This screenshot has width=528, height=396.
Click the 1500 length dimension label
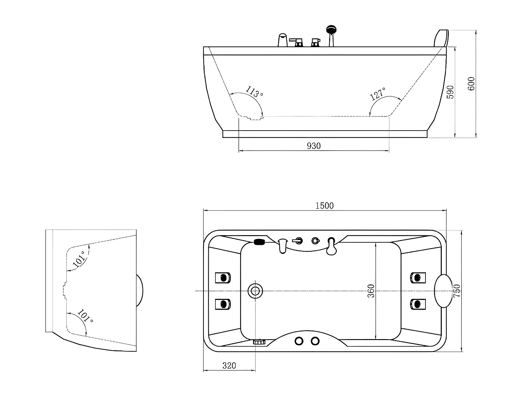pyautogui.click(x=324, y=206)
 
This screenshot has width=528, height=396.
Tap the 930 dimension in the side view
pyautogui.click(x=314, y=146)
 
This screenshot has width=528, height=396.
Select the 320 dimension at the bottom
pyautogui.click(x=229, y=366)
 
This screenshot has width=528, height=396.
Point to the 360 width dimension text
pyautogui.click(x=371, y=291)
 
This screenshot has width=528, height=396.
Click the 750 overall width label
pyautogui.click(x=457, y=291)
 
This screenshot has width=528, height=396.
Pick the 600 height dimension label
pyautogui.click(x=471, y=83)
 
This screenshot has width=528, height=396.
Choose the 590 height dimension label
pyautogui.click(x=450, y=92)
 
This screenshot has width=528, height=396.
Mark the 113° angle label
pyautogui.click(x=254, y=92)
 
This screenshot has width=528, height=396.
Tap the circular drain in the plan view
pyautogui.click(x=255, y=291)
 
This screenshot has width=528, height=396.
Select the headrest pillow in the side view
pyautogui.click(x=441, y=38)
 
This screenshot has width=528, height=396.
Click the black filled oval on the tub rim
pyautogui.click(x=260, y=242)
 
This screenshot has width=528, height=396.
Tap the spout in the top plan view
pyautogui.click(x=282, y=245)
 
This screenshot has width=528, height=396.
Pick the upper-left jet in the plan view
pyautogui.click(x=223, y=278)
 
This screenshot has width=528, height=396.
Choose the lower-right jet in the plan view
pyautogui.click(x=418, y=304)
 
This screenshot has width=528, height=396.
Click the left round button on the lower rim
pyautogui.click(x=299, y=341)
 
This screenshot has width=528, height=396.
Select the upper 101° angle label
pyautogui.click(x=78, y=258)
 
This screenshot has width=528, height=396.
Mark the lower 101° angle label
pyautogui.click(x=85, y=316)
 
